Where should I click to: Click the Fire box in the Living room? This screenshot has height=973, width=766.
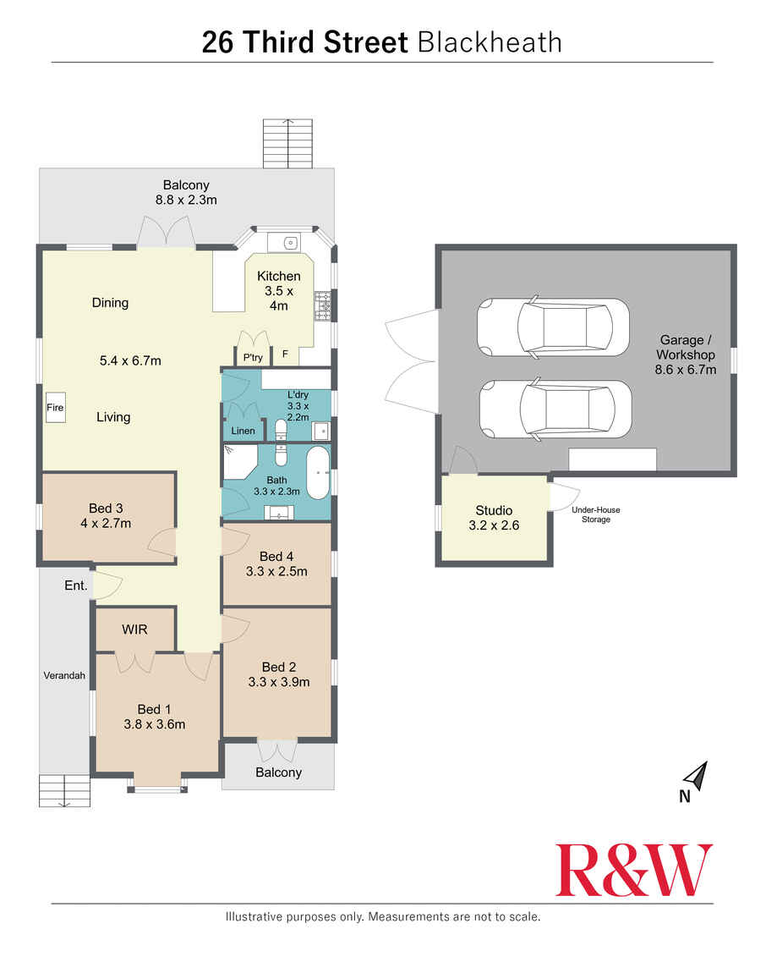tap(55, 408)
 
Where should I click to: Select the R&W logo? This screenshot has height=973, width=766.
tap(633, 870)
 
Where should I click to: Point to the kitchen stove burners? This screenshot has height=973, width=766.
tap(323, 306)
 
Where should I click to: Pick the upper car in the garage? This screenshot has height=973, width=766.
tap(553, 327)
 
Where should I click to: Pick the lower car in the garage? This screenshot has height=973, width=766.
tap(555, 410)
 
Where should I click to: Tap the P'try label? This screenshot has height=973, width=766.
tap(253, 357)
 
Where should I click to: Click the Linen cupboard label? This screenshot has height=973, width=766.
tap(243, 431)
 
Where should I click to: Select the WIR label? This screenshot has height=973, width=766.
tap(134, 629)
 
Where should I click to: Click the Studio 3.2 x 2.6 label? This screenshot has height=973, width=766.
tap(494, 518)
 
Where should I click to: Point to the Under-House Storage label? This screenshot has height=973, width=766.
tap(595, 514)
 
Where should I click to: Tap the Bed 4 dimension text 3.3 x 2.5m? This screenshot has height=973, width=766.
tap(276, 571)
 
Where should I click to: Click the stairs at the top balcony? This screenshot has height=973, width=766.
tap(287, 143)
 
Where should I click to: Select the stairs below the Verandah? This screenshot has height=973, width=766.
tap(64, 790)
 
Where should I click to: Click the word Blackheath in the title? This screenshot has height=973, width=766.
tap(490, 43)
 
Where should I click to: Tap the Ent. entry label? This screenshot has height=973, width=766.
tap(75, 585)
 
